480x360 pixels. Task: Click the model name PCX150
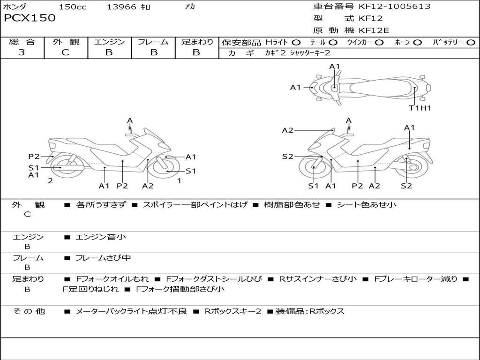coord(30,18)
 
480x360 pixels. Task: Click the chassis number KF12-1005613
coord(394,7)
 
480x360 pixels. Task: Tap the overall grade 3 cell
coord(22,52)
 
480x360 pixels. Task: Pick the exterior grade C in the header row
coord(66,52)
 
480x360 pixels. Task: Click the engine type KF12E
coord(374,30)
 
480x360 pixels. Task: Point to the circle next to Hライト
coord(296,43)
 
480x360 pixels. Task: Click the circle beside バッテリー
coord(471,43)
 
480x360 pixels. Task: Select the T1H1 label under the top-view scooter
coord(420,108)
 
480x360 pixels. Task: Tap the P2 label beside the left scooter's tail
coord(34,157)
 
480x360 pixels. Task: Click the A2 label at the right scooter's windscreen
coord(288,130)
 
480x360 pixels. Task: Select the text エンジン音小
coord(101,237)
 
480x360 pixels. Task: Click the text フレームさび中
coord(103,258)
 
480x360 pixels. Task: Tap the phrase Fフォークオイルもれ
coord(112,279)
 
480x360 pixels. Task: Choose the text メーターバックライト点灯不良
coord(131,311)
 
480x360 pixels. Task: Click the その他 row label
coord(29,311)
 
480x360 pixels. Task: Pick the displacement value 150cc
coord(73,7)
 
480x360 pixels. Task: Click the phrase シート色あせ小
coord(367,204)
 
